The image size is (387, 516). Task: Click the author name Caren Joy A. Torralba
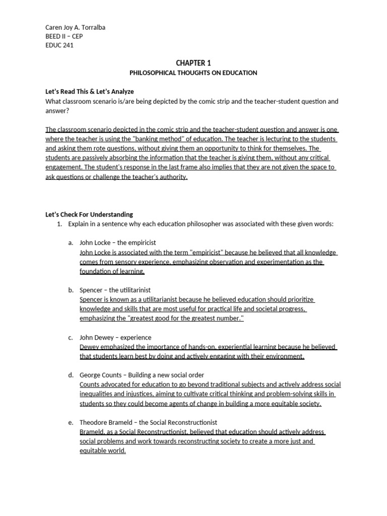(75, 27)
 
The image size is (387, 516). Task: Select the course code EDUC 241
(60, 45)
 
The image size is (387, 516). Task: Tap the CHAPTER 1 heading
(193, 62)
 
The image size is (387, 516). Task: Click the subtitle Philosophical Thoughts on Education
(193, 73)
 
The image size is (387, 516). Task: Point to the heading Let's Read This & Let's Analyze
(90, 92)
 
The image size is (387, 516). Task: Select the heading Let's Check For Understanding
(89, 214)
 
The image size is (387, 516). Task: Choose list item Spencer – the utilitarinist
(115, 290)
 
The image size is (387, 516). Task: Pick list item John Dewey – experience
(115, 337)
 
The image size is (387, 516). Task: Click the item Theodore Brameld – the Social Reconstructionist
(148, 422)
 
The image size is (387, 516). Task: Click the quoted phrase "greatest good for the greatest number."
(186, 318)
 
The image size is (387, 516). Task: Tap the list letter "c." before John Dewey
(71, 337)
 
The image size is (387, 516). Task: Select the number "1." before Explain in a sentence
(59, 224)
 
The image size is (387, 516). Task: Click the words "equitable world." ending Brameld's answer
(103, 451)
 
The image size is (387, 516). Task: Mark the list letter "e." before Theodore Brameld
(71, 422)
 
